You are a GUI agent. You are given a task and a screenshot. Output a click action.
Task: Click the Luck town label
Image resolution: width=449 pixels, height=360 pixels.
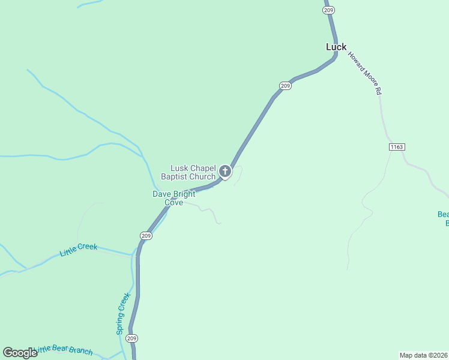click(336, 47)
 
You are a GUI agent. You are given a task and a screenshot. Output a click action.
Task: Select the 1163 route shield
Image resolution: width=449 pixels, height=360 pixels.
click(397, 146)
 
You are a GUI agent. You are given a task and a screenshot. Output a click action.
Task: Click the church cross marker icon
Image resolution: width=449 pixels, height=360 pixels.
click(224, 172)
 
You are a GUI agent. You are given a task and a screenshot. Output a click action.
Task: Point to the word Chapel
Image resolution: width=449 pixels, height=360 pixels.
click(202, 169)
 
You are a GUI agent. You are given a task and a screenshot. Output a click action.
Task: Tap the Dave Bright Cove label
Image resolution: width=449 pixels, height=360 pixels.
click(173, 198)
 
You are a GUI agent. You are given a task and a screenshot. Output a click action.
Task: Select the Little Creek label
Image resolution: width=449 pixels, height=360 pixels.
click(78, 250)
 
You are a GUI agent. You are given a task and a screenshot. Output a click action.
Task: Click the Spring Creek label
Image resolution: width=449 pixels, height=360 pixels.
click(122, 313)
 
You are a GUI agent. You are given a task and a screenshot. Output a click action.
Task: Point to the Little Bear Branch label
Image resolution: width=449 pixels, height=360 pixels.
click(64, 350)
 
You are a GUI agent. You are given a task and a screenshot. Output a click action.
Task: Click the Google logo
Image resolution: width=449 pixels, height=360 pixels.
click(19, 353)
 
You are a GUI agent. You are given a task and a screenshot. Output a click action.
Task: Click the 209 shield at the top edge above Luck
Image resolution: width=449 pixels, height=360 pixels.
click(328, 10)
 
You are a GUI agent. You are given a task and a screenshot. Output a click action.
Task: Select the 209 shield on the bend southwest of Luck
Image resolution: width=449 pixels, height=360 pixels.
click(286, 86)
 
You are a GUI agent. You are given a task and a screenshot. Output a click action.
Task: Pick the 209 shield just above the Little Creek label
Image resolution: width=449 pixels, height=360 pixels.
click(146, 236)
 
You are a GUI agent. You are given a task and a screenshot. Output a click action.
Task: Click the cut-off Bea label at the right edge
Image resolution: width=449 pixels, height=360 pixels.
click(443, 218)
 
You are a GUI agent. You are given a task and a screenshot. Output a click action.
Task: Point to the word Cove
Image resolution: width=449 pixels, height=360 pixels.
click(173, 203)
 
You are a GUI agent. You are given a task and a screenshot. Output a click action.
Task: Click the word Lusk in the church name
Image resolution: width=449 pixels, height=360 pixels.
click(180, 169)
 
